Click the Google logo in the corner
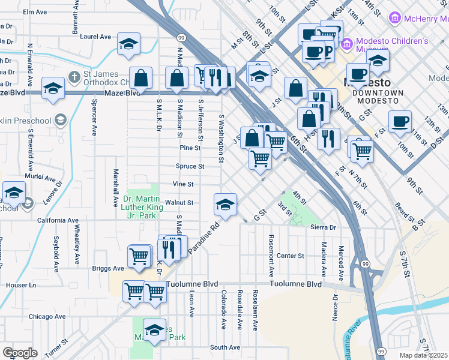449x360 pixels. (x=20, y=353)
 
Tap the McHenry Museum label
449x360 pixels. (x=423, y=19)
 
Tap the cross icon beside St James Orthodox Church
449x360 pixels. (x=74, y=77)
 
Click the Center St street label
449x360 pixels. (x=291, y=256)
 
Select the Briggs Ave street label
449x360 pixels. (x=107, y=268)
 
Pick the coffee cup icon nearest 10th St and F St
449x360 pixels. (x=400, y=122)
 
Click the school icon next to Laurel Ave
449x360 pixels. (x=128, y=44)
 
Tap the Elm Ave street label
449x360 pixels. (x=35, y=11)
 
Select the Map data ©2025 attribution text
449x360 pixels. (x=424, y=355)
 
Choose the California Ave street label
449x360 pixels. (x=58, y=220)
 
